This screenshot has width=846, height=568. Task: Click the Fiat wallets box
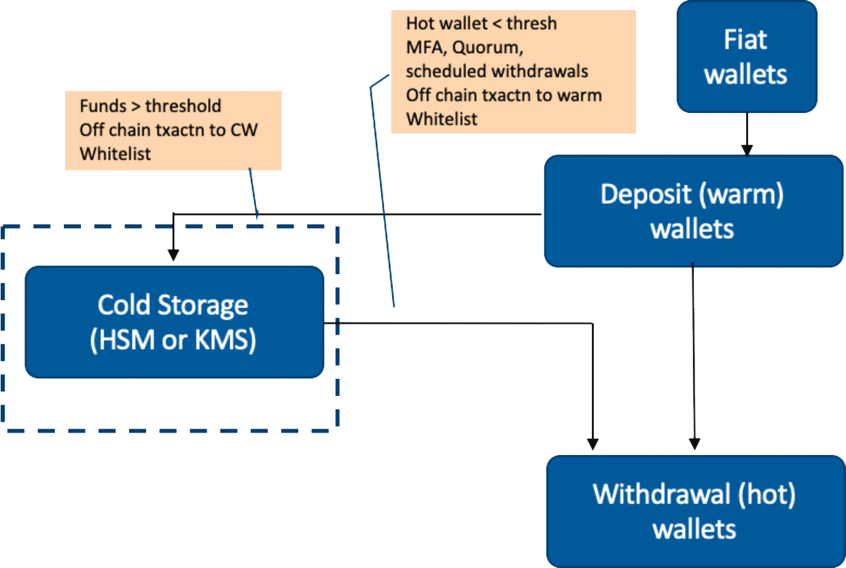(x=746, y=56)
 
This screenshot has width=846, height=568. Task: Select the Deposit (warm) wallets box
(x=693, y=211)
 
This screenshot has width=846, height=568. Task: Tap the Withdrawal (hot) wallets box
(x=694, y=511)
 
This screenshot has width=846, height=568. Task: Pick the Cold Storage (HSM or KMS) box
(x=174, y=322)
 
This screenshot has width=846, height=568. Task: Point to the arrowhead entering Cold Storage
(x=174, y=254)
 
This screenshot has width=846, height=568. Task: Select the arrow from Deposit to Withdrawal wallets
(x=693, y=354)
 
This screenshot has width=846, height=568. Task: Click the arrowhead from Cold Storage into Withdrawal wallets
(x=593, y=443)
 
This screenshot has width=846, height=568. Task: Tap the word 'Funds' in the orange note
(x=101, y=107)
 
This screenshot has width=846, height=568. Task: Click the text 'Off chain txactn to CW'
(x=169, y=130)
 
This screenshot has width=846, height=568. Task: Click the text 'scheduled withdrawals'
(x=497, y=71)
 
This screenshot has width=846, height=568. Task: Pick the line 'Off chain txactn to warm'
(x=504, y=95)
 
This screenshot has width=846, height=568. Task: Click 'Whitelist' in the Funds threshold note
(x=115, y=154)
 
